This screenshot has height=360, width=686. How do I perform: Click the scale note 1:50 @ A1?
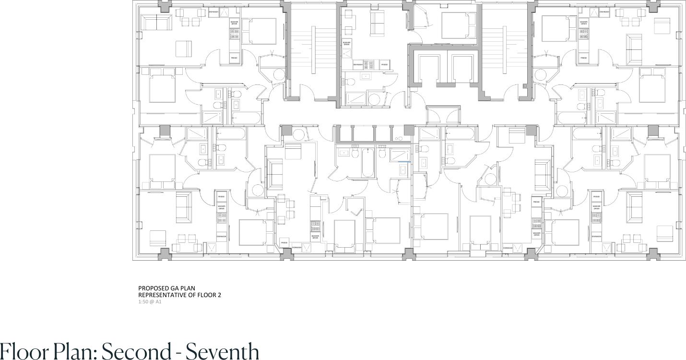click(x=150, y=302)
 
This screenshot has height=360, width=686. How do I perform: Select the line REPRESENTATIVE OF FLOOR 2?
click(x=179, y=295)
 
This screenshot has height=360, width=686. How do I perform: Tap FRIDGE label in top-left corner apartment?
click(x=234, y=58)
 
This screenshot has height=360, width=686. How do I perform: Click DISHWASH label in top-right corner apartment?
click(x=604, y=12)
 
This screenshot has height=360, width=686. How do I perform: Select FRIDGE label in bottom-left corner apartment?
click(x=221, y=197)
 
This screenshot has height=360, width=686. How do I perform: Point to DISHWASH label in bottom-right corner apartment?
click(x=596, y=236)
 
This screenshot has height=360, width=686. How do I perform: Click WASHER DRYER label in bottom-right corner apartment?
click(x=596, y=207)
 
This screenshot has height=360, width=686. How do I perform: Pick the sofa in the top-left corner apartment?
click(x=157, y=23)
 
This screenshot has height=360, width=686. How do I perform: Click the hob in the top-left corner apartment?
click(x=234, y=33)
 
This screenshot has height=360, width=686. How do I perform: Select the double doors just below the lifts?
click(x=443, y=116)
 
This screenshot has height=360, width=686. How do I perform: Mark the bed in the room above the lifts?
click(x=459, y=25)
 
